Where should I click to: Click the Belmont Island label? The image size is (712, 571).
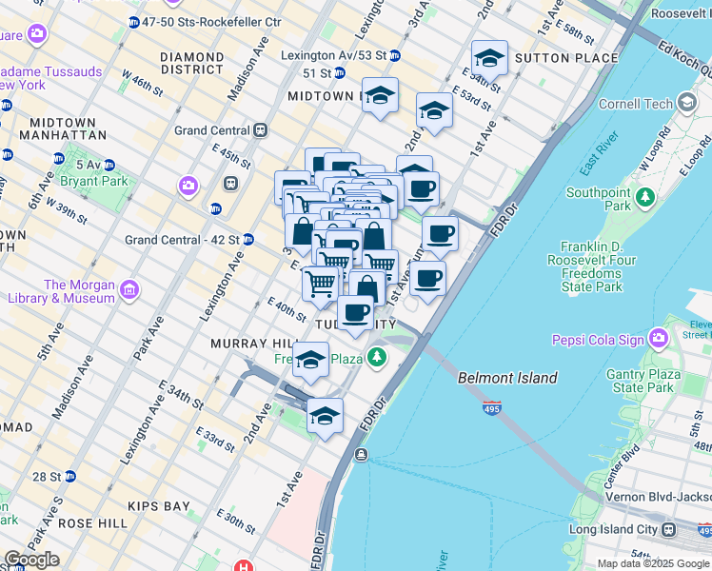(x=507, y=378)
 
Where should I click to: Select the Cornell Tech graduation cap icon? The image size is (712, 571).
(x=686, y=104)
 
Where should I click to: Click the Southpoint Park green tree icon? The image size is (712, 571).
(x=646, y=198)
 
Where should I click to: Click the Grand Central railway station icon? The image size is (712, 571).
(x=260, y=130)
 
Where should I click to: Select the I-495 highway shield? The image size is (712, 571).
(x=491, y=408)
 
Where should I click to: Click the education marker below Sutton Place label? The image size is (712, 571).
(x=489, y=59)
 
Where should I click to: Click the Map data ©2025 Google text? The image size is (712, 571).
(x=652, y=562)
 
